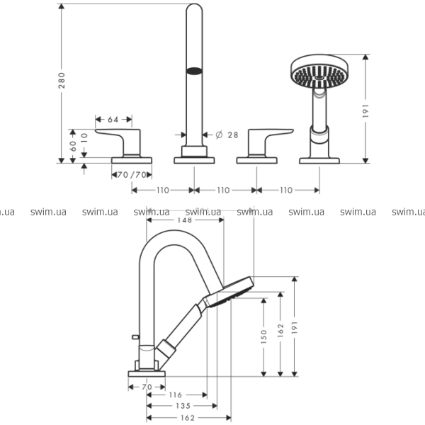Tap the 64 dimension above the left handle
pos(113,119)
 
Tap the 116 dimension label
pos(176,395)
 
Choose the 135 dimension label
pos(183,406)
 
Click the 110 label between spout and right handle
pos(223,190)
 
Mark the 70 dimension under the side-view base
pos(147,387)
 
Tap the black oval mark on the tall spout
pos(193,70)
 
